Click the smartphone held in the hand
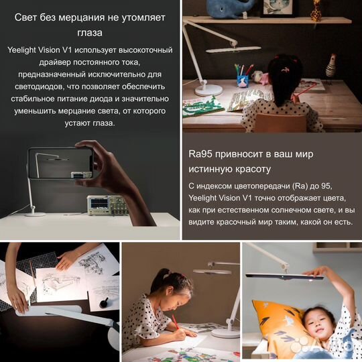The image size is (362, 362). tap(60, 164)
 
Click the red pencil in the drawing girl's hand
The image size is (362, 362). tap(175, 321)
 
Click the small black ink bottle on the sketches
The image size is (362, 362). tap(104, 303)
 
